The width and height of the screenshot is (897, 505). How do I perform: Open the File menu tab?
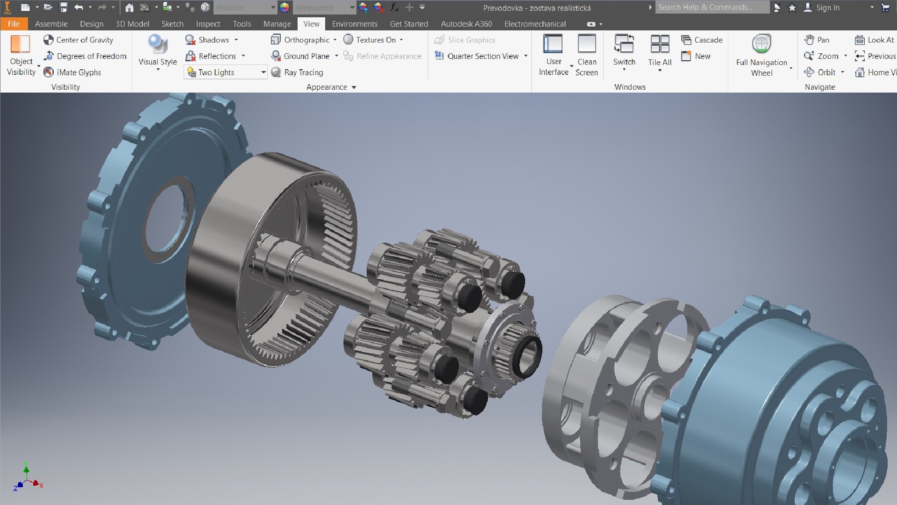pos(14,24)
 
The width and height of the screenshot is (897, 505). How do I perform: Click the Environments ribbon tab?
pos(354,24)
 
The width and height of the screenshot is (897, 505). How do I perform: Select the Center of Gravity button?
pos(78,40)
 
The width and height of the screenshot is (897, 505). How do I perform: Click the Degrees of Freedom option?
pos(85,56)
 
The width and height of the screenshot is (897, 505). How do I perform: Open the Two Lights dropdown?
pos(263,72)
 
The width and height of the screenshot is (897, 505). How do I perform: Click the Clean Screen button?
pos(586,55)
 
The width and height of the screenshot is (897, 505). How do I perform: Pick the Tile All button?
pos(660,51)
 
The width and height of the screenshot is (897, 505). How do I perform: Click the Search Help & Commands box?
pos(711,7)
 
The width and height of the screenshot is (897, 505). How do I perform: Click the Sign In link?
pos(827,7)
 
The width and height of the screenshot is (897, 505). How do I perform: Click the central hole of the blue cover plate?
pos(166,220)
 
